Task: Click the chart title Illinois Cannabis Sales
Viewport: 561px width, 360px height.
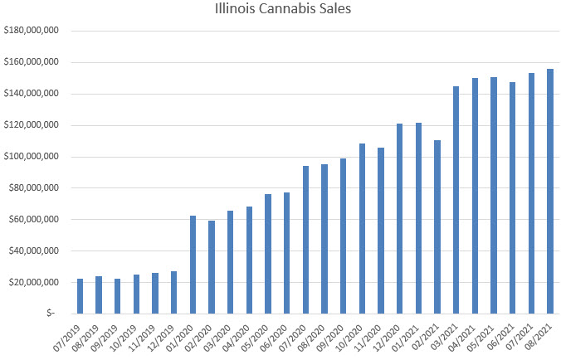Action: tap(280, 12)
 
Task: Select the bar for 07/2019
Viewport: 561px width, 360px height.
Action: tap(80, 296)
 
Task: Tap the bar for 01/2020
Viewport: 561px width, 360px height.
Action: tap(193, 265)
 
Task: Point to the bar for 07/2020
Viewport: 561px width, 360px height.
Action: tap(305, 240)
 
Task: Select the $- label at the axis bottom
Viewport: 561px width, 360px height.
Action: tap(51, 314)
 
